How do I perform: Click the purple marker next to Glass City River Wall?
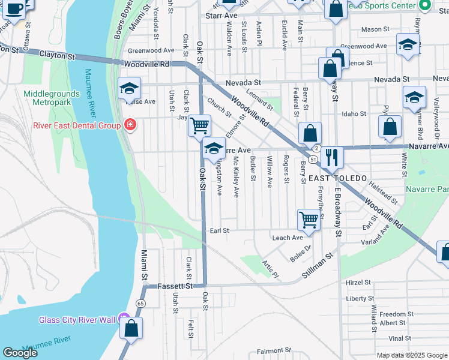[124, 319]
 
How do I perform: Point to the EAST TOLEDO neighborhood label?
[337, 179]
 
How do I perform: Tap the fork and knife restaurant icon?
[331, 157]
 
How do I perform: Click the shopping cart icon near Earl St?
[309, 219]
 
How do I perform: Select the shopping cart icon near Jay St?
[200, 126]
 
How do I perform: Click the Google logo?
[20, 353]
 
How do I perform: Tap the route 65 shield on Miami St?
[140, 303]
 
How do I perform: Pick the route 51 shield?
[315, 157]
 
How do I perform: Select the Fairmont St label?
[273, 351]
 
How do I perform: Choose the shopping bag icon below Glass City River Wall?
[130, 329]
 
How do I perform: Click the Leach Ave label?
[288, 238]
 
